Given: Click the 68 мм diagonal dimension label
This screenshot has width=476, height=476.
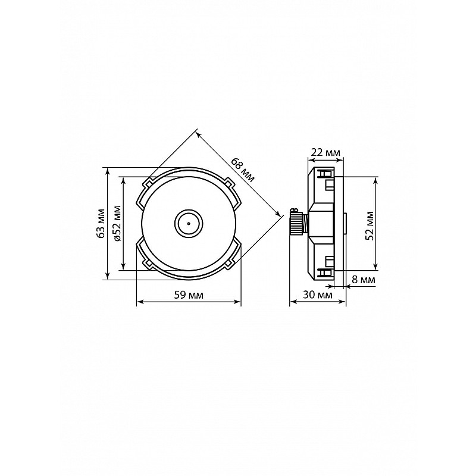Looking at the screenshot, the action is tap(243, 170).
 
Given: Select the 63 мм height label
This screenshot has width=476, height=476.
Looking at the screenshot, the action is tap(101, 224).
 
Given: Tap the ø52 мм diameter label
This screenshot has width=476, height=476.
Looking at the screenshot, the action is tap(117, 223).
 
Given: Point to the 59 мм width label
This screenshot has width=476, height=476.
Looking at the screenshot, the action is tap(189, 295).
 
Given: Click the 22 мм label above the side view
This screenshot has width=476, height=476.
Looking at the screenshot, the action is tap(326, 152).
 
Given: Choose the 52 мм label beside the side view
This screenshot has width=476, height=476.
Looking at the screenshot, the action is tap(369, 226).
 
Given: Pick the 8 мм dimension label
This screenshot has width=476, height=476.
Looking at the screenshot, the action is tap(364, 279).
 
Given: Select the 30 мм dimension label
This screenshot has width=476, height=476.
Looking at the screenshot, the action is tap(318, 295).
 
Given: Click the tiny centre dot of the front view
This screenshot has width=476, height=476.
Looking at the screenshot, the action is tap(189, 224).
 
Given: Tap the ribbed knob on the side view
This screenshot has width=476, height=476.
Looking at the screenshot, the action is tap(295, 223).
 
